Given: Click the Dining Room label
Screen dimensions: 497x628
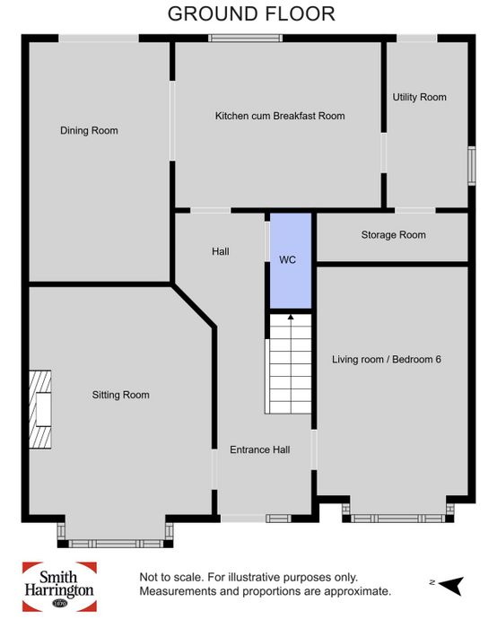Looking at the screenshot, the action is tap(89, 131).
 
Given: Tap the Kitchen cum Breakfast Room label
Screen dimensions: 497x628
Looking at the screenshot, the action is tap(280, 116).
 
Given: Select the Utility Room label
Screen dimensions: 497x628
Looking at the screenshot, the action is tap(419, 97).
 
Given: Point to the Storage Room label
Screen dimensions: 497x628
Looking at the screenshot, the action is tap(393, 235).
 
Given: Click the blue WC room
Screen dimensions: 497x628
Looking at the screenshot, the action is tap(291, 261).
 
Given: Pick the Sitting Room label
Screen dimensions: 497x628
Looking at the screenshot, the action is tap(120, 395).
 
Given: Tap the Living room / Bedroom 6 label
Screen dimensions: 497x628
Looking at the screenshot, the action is tap(387, 359).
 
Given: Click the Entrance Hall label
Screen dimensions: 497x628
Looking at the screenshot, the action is tap(260, 449).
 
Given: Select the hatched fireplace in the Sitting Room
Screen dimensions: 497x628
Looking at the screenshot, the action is tap(40, 409).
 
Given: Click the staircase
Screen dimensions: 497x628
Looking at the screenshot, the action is tap(288, 363).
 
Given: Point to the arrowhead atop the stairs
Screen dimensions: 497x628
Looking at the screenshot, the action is tap(291, 318).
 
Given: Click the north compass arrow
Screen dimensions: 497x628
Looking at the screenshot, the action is tap(452, 586).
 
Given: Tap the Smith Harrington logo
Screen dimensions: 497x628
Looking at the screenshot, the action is tap(59, 587).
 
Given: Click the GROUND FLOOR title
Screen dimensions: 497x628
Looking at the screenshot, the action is tap(251, 14).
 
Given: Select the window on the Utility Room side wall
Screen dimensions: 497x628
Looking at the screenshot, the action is tap(472, 166).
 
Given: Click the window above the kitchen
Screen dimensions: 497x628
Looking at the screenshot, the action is tap(245, 38).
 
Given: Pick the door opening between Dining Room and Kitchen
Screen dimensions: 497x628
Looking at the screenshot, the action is tap(172, 120).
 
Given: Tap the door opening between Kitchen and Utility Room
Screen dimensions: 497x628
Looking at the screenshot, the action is tap(384, 153).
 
